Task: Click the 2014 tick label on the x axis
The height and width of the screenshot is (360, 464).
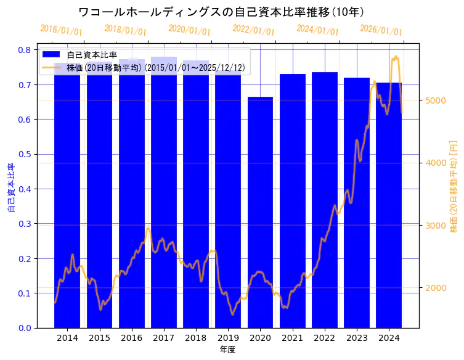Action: tap(67, 338)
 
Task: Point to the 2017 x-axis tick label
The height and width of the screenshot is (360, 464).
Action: tap(163, 338)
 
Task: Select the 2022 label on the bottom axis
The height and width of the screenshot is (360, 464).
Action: tap(324, 338)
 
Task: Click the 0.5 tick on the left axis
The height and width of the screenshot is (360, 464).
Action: tap(26, 154)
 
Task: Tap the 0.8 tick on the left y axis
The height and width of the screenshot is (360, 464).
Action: tap(26, 50)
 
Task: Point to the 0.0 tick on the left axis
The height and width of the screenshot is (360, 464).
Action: tap(26, 328)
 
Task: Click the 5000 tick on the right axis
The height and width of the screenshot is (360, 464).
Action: tap(434, 100)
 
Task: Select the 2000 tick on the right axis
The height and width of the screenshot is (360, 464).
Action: tap(434, 288)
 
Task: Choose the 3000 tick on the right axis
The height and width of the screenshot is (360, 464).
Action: tap(434, 226)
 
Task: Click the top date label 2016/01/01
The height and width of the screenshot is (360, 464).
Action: tap(62, 30)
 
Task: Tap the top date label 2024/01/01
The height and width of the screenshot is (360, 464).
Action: tap(317, 29)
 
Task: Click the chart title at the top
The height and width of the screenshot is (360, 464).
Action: tap(222, 12)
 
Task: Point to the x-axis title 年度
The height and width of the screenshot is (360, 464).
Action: tap(227, 350)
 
